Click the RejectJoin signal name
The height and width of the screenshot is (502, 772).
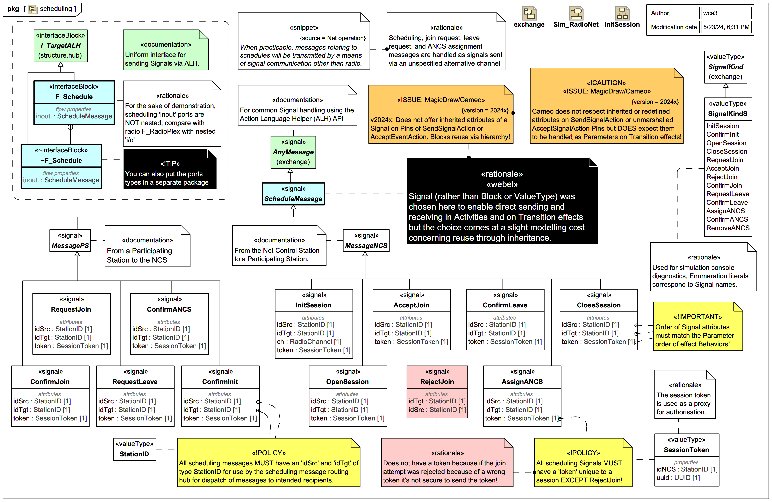click(437, 382)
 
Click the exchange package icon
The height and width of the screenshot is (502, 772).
click(529, 14)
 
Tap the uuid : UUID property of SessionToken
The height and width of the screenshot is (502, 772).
click(678, 478)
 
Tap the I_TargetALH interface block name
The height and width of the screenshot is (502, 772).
click(61, 45)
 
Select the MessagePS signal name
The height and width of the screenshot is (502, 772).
click(70, 246)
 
